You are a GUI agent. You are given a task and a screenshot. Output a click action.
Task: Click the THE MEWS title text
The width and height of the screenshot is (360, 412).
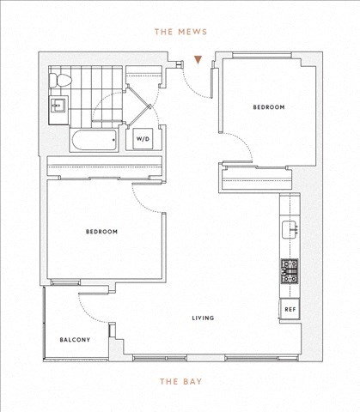[180, 32]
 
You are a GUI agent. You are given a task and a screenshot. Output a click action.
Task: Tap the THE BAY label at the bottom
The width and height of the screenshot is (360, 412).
[181, 381]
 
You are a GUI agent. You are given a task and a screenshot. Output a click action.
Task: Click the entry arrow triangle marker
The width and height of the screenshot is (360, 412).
[198, 59]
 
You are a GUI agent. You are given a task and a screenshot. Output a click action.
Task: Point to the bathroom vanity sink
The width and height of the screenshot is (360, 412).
[58, 106]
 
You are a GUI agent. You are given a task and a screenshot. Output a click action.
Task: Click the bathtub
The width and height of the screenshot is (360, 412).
[95, 140]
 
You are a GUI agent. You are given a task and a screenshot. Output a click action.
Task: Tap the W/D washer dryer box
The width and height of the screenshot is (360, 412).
[143, 139]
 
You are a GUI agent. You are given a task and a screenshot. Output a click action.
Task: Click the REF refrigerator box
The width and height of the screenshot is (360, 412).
[290, 309]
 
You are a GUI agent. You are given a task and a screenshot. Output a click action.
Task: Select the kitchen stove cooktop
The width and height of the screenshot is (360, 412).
[290, 271]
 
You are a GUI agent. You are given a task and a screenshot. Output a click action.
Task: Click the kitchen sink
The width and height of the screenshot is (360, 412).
[290, 229]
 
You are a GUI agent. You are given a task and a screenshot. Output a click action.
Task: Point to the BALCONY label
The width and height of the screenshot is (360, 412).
[75, 340]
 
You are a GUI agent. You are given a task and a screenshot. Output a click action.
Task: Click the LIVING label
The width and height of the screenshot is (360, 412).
[203, 318]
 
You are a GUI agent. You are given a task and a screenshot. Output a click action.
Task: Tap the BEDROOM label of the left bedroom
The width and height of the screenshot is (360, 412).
[101, 232]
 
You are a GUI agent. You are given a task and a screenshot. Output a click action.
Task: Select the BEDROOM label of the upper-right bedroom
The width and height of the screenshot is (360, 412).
[269, 107]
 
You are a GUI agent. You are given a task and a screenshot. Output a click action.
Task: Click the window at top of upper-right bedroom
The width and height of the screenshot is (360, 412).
[262, 55]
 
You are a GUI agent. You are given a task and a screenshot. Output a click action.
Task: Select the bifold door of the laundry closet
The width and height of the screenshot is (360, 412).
[139, 106]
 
